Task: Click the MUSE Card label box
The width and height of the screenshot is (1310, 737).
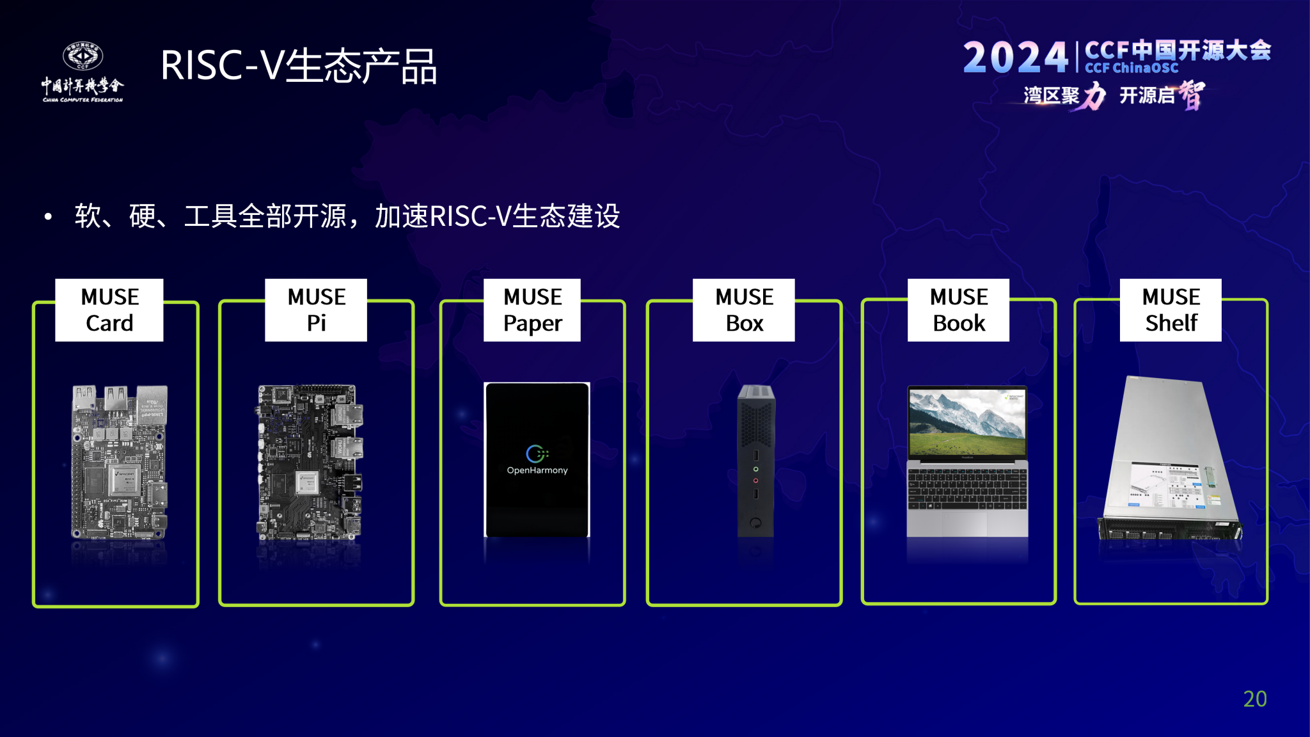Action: click(109, 310)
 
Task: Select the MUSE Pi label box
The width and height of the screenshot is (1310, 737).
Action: click(316, 310)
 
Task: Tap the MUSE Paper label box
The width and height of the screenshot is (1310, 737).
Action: click(532, 310)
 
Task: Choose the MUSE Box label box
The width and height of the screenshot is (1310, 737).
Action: click(744, 310)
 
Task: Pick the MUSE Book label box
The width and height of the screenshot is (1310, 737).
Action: click(958, 310)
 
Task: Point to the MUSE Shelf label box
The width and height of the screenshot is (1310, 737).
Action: click(1171, 310)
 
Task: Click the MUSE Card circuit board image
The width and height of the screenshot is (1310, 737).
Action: click(120, 462)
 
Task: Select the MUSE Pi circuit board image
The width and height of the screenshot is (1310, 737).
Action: click(310, 462)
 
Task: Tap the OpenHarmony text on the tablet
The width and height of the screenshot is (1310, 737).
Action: click(537, 470)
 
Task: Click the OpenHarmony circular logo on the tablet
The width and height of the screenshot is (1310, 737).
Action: click(536, 453)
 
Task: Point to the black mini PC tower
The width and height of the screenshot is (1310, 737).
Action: click(755, 461)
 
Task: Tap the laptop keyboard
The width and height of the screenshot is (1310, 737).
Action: click(967, 490)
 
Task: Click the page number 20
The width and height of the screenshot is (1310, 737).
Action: click(1254, 699)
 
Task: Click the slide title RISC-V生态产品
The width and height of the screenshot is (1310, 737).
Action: click(299, 66)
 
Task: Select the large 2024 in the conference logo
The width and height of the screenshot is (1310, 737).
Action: click(1015, 58)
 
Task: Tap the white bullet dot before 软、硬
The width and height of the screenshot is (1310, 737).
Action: click(48, 217)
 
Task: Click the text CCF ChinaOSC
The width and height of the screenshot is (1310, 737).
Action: click(1132, 68)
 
